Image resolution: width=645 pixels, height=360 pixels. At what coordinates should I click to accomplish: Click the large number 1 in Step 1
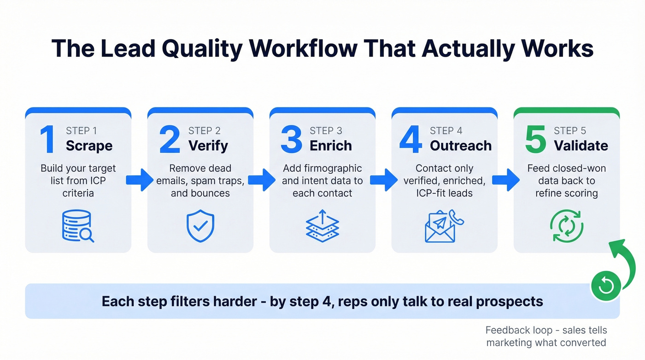tap(47, 139)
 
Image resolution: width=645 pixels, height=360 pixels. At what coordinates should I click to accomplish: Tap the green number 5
tap(535, 139)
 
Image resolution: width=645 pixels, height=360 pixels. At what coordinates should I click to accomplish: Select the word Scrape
tap(89, 146)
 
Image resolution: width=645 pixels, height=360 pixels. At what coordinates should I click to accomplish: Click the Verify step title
tap(208, 146)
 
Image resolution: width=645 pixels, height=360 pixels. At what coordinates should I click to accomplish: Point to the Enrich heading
tap(331, 146)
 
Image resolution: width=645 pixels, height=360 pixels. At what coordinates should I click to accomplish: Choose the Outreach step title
tap(461, 146)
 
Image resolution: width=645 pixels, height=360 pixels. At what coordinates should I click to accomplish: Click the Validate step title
tap(581, 146)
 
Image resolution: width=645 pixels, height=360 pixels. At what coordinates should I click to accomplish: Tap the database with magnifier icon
tap(78, 226)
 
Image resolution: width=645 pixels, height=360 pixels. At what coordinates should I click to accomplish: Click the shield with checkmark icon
tap(200, 226)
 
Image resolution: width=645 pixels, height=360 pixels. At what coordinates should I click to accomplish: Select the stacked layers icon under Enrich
tap(322, 226)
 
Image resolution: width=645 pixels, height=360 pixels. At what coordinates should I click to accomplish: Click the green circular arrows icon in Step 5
tap(567, 226)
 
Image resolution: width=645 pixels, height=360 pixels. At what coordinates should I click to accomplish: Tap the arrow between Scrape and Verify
tap(140, 180)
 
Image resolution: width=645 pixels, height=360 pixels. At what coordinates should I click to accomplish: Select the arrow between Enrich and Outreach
tap(384, 180)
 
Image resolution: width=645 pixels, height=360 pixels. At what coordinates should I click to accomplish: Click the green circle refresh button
tap(605, 286)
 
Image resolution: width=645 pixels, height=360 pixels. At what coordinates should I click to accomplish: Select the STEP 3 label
tap(326, 131)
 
